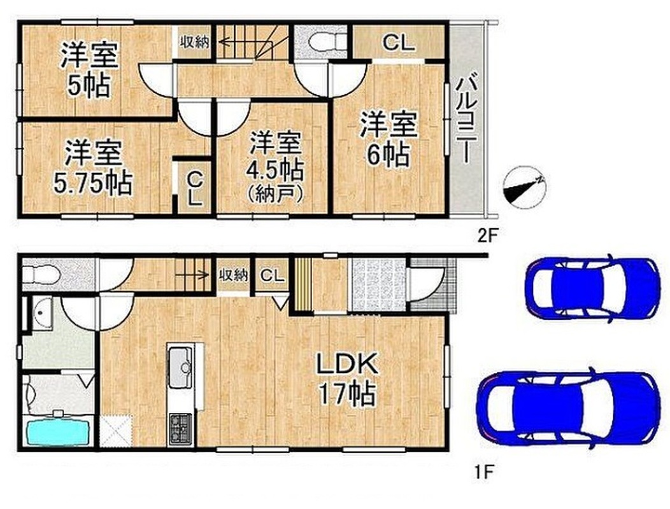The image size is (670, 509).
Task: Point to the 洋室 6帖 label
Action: coord(388,138)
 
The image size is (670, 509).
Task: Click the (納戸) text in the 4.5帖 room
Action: coord(275,195)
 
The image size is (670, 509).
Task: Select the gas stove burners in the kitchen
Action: coord(181,429)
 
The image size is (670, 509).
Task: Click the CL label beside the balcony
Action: coord(398,43)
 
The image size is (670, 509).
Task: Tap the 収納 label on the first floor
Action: coord(233,275)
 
